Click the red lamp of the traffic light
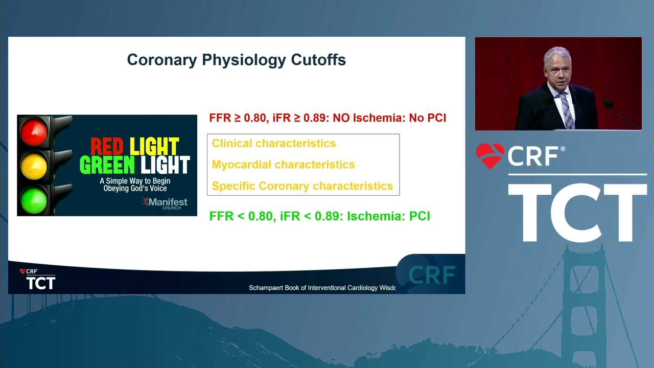pos(34,132)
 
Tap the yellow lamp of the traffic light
pos(34,166)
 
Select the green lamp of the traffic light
pos(34,201)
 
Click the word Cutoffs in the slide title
pos(318,60)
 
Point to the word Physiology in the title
pos(244,60)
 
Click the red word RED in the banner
pos(107,146)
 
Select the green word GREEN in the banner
pos(107,165)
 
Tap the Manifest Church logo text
pos(166,203)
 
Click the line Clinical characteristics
pos(274,144)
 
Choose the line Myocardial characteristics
pos(283,165)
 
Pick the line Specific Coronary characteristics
pos(302,186)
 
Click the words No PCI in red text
pos(428,118)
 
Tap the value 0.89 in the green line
pos(330,216)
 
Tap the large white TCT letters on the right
pos(577,213)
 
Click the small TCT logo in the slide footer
pos(40,283)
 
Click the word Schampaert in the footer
pos(266,288)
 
